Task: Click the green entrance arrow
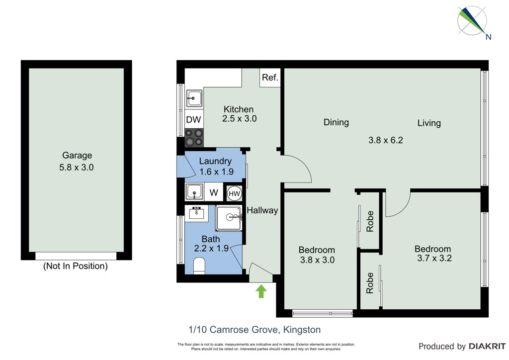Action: click(261, 291)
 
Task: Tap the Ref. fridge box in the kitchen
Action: click(270, 78)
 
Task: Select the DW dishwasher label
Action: click(193, 119)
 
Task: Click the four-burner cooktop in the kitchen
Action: click(194, 137)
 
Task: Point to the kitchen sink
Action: click(194, 98)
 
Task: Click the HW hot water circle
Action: click(234, 194)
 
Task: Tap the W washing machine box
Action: click(214, 192)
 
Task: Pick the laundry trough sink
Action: click(194, 192)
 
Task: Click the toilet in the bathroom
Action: click(199, 266)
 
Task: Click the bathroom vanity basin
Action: click(196, 213)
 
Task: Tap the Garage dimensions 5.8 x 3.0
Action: click(77, 168)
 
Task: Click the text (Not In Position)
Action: click(76, 266)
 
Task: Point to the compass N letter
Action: click(488, 37)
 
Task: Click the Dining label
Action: click(337, 122)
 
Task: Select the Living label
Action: click(429, 123)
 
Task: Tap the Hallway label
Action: click(262, 210)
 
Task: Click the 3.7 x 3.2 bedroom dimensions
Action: click(434, 259)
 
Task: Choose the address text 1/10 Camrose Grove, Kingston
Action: click(254, 330)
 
